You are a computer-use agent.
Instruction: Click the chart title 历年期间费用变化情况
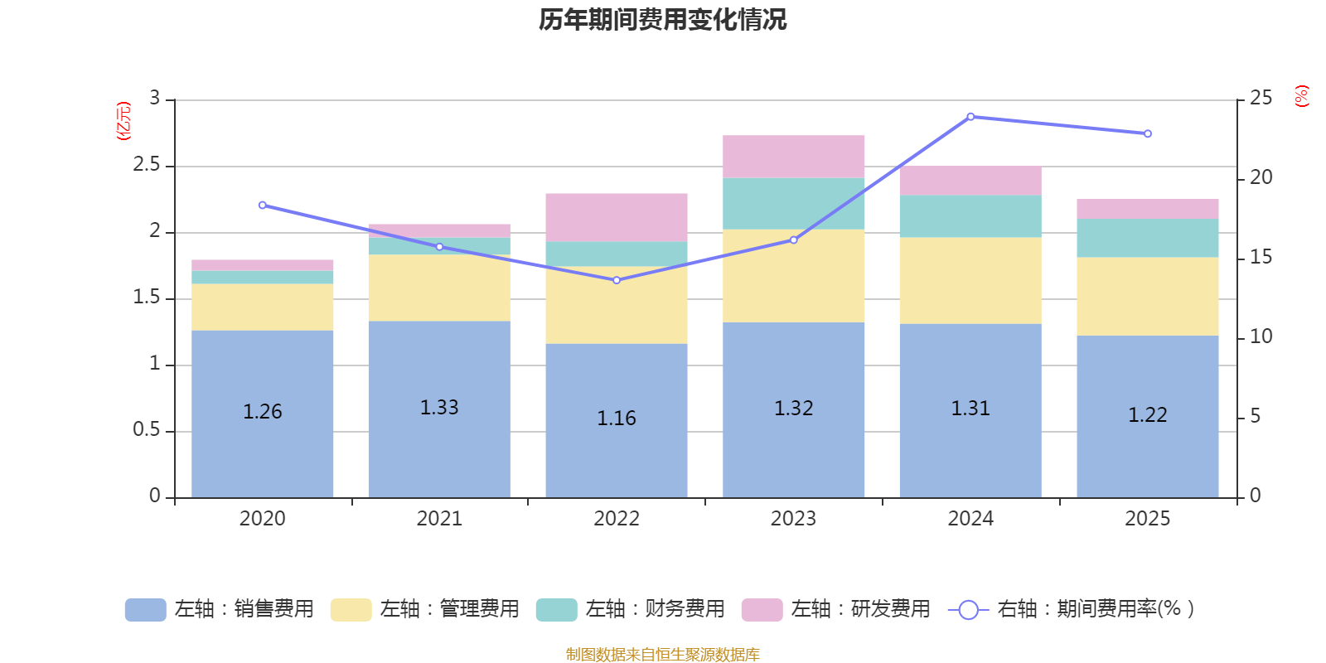coord(662,20)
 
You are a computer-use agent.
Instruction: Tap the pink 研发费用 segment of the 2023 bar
coord(793,157)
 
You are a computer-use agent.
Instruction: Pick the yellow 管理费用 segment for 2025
coord(1147,296)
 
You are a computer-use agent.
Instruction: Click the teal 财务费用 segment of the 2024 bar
coord(970,216)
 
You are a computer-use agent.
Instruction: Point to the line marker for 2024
coord(970,117)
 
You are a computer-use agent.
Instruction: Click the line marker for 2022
coord(617,280)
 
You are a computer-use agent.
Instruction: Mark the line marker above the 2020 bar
coord(263,205)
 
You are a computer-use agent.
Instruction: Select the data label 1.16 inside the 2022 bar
coord(617,419)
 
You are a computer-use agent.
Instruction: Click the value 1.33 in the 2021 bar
coord(439,408)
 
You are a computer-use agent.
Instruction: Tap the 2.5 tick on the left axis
coord(147,165)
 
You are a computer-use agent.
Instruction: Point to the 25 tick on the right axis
coord(1261,99)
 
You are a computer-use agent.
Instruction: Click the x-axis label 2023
coord(793,519)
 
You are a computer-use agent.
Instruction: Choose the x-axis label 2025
coord(1147,519)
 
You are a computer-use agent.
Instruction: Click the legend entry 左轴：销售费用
coord(220,609)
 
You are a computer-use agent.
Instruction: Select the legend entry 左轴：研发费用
coord(836,609)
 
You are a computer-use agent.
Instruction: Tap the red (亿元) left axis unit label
coord(123,121)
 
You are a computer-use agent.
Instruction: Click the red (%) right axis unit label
coord(1301,96)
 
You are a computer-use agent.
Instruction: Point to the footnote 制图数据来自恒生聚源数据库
coord(662,655)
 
